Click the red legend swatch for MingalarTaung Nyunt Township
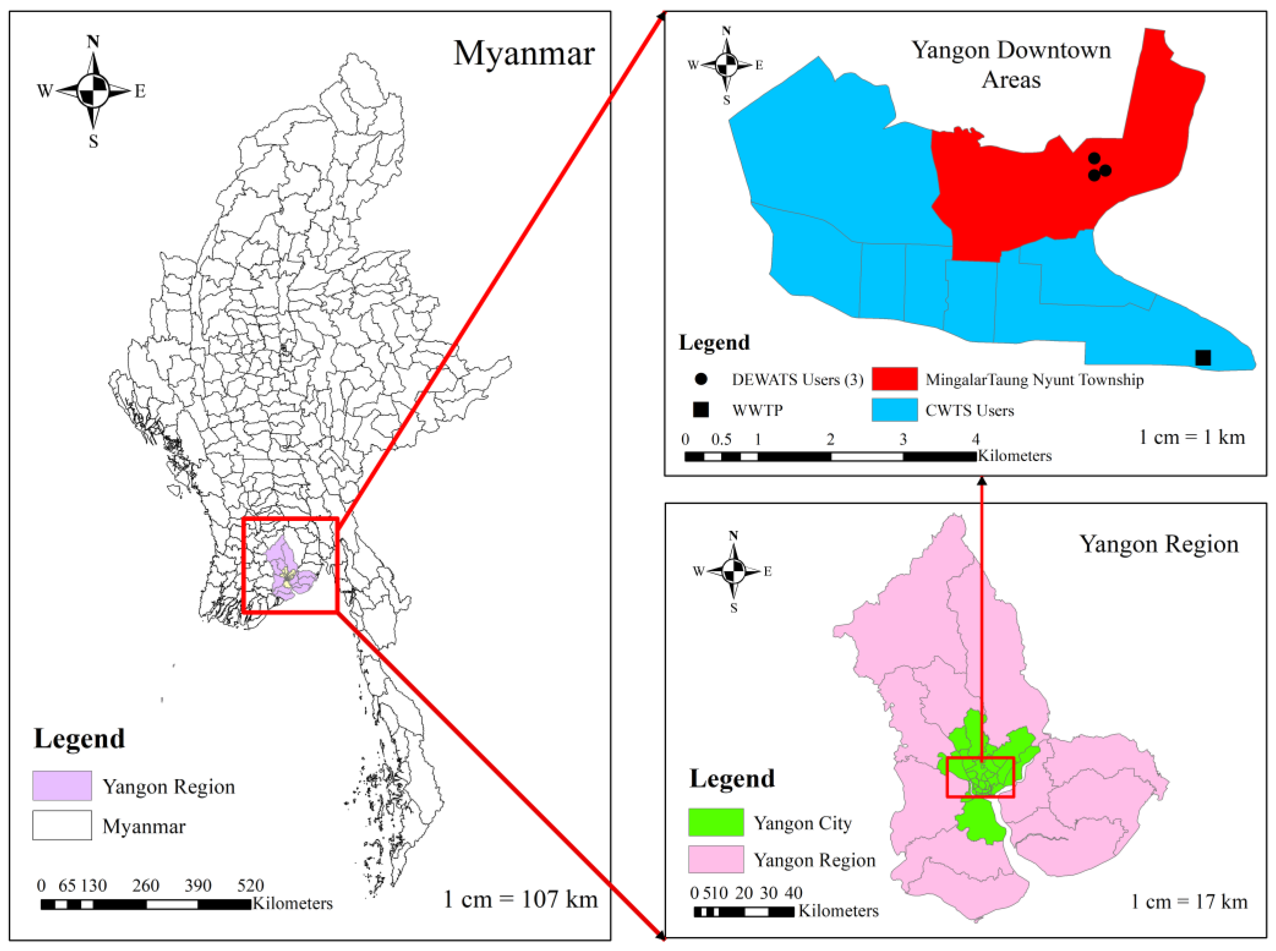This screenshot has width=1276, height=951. pyautogui.click(x=894, y=379)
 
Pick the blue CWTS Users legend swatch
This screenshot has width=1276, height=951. pyautogui.click(x=894, y=410)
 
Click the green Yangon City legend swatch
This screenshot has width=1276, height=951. pyautogui.click(x=715, y=822)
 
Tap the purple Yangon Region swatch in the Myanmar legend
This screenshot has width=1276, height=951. pyautogui.click(x=62, y=785)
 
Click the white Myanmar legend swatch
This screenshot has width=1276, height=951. pyautogui.click(x=62, y=825)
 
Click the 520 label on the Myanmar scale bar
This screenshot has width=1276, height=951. pyautogui.click(x=250, y=885)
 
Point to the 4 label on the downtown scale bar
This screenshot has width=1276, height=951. pyautogui.click(x=975, y=439)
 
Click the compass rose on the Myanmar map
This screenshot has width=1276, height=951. pyautogui.click(x=93, y=90)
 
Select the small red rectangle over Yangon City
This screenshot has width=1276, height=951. pyautogui.click(x=980, y=777)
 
